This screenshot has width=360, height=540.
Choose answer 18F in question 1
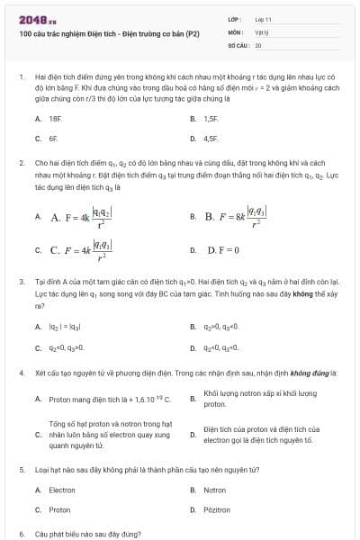55,119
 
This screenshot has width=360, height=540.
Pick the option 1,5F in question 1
211,119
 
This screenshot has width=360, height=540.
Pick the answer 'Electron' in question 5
61,490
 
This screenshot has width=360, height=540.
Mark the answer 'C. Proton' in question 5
59,509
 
